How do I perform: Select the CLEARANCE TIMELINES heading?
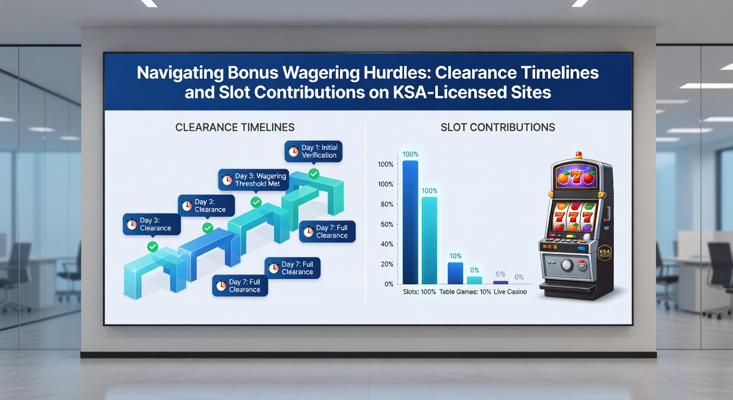click(x=235, y=127)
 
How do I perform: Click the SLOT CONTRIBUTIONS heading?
click(x=498, y=127)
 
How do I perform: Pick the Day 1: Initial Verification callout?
click(x=313, y=152)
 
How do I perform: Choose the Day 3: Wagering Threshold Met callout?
click(x=254, y=180)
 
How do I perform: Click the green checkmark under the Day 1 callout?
click(x=314, y=174)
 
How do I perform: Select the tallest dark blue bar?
click(x=410, y=222)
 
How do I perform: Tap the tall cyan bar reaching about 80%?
click(x=429, y=241)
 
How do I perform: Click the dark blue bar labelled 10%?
click(x=455, y=273)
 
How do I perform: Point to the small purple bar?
click(x=501, y=282)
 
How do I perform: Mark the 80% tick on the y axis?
click(x=387, y=204)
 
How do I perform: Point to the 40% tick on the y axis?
click(x=387, y=244)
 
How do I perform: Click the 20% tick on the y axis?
click(x=387, y=264)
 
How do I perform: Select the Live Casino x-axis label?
click(x=510, y=292)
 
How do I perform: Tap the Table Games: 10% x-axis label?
click(x=465, y=292)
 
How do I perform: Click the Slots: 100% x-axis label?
click(x=420, y=292)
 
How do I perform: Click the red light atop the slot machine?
click(x=579, y=155)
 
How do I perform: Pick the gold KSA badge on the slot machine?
click(x=604, y=253)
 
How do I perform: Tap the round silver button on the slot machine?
click(x=566, y=265)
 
